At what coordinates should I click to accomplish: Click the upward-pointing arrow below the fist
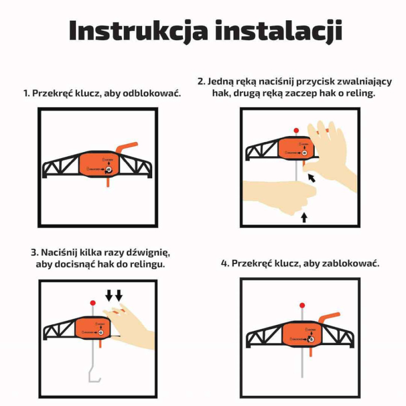[x=304, y=218]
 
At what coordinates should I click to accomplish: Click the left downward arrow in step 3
[x=109, y=295]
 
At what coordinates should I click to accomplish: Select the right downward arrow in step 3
[x=119, y=295]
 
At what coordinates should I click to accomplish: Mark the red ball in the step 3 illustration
[x=93, y=302]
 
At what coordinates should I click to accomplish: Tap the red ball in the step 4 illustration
[x=302, y=306]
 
